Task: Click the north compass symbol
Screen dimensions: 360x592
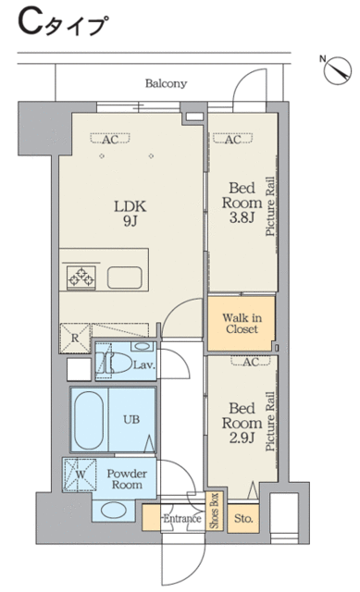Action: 338,70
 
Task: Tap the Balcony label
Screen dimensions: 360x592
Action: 167,83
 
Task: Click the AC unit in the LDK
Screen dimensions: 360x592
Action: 110,139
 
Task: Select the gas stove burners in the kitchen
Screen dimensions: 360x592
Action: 81,277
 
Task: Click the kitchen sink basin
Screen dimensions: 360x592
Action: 125,277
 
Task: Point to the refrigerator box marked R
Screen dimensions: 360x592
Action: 75,338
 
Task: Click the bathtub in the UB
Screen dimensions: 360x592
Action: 89,420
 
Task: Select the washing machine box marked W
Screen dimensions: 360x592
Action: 80,475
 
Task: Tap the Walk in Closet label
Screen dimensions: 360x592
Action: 242,323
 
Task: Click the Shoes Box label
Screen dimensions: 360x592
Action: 215,511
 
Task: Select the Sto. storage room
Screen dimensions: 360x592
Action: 243,518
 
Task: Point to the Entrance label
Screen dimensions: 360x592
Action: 181,518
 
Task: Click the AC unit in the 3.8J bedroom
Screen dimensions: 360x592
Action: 232,139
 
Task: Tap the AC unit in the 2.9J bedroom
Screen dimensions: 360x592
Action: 251,362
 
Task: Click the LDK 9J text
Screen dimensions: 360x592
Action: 130,214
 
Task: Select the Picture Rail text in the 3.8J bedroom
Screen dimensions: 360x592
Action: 270,206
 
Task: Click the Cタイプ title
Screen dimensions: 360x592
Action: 63,23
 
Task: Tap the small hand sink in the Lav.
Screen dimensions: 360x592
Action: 143,346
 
